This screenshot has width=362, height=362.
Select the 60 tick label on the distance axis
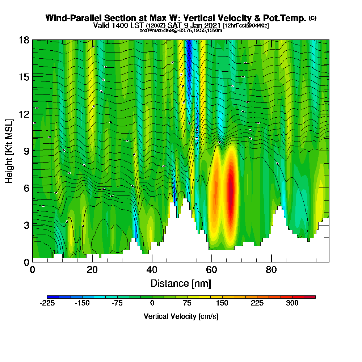coord(211,270)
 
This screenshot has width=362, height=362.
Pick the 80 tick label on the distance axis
coord(271,270)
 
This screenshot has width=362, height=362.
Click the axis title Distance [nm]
coord(181,283)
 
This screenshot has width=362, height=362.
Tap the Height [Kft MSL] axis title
coord(9,151)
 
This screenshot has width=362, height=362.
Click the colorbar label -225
coord(47,303)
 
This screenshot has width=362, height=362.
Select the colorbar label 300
coord(292,303)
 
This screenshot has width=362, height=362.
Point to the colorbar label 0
coord(152,303)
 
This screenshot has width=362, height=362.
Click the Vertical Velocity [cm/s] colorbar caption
coord(181,316)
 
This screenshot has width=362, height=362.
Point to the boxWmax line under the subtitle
coord(181,30)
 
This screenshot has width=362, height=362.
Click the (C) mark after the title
coord(312,18)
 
